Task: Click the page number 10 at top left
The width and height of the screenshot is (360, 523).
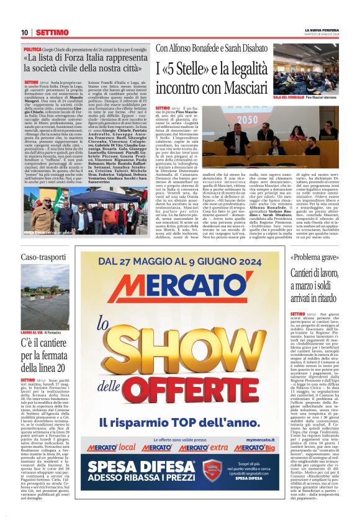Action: [x=24, y=32]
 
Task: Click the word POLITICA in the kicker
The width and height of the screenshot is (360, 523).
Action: [x=34, y=48]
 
